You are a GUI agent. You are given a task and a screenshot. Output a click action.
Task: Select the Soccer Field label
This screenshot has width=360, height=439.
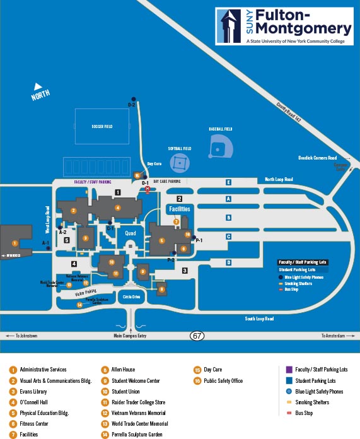tap(102, 127)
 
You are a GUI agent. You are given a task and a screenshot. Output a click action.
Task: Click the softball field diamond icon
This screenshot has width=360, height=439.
tap(180, 163)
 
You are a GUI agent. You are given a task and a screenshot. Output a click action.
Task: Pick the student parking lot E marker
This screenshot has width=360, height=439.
tap(228, 182)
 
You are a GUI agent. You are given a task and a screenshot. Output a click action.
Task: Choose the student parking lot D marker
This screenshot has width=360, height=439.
tap(228, 262)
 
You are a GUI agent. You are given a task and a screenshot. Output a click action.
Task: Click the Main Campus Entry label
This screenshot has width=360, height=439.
tap(130, 336)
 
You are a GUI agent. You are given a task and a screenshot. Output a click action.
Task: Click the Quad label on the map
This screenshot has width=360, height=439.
tap(131, 233)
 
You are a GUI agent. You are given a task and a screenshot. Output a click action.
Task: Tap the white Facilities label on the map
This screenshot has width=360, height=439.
tap(178, 209)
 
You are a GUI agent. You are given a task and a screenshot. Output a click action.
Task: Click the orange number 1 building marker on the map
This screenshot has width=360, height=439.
tap(15, 242)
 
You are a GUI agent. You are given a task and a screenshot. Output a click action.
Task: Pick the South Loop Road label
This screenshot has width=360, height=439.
tap(259, 319)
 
